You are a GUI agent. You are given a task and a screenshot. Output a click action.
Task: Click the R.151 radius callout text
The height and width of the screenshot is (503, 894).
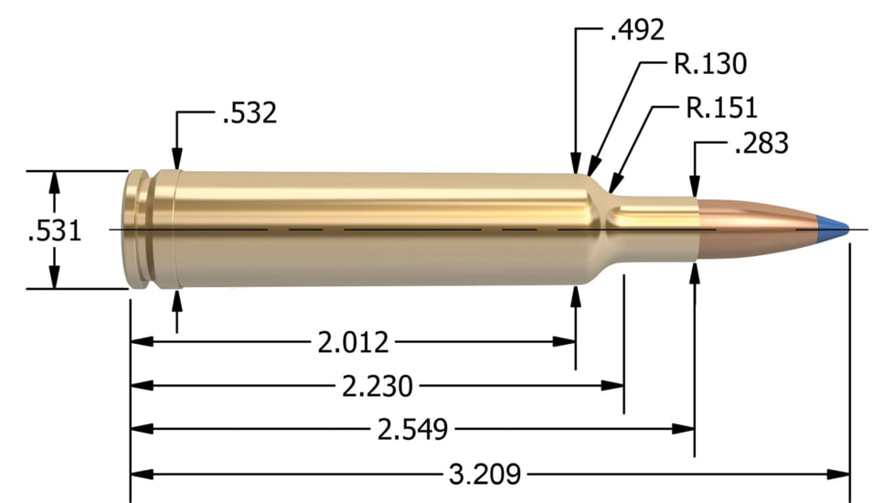point(721,108)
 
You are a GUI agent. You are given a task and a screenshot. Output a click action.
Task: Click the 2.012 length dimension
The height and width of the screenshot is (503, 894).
point(353,343)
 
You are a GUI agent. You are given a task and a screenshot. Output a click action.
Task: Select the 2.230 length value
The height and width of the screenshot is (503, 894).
point(378,386)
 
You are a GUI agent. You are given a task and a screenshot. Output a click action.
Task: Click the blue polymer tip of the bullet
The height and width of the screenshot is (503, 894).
point(831,223)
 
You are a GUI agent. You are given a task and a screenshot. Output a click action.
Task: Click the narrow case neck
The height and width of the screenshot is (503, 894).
point(654,230)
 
